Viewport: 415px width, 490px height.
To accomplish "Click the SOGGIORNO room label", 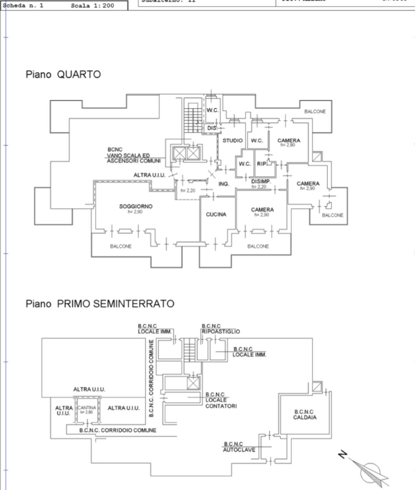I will tap(136, 206).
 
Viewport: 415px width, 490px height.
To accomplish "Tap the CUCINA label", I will tap(217, 214).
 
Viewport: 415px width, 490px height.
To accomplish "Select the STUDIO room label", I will tap(232, 141).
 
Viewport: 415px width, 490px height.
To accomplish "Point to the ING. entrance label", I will tap(224, 184).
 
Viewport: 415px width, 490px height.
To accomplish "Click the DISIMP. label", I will tap(262, 182).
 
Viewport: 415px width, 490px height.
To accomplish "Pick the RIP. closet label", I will tap(262, 163).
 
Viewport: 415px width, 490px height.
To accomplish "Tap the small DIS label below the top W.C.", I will tap(211, 128).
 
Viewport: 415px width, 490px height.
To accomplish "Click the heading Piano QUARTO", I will tap(63, 75).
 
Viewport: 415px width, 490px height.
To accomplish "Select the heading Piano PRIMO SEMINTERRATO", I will tap(99, 303).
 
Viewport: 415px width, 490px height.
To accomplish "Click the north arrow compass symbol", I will tap(368, 469).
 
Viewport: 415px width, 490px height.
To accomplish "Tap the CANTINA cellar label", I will tap(86, 408).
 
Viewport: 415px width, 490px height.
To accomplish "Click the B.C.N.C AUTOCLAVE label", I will tap(239, 447).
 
